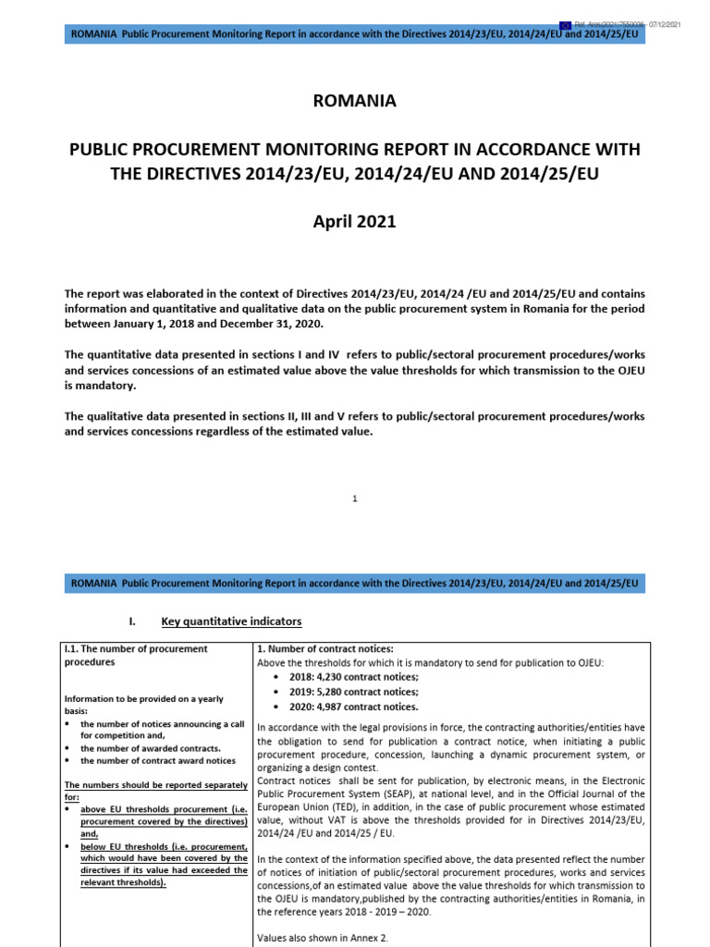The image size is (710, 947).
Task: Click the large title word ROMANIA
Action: (x=355, y=102)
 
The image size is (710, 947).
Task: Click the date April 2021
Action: (x=355, y=221)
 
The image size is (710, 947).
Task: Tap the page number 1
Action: (x=355, y=499)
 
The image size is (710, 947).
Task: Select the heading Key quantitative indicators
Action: (x=231, y=621)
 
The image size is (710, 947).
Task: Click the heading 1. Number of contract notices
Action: (x=324, y=648)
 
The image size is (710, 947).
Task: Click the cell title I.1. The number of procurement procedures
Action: (x=134, y=655)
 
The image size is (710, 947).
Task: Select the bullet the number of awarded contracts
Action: (x=150, y=748)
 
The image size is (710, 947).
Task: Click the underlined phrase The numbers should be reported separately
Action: (x=155, y=785)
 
